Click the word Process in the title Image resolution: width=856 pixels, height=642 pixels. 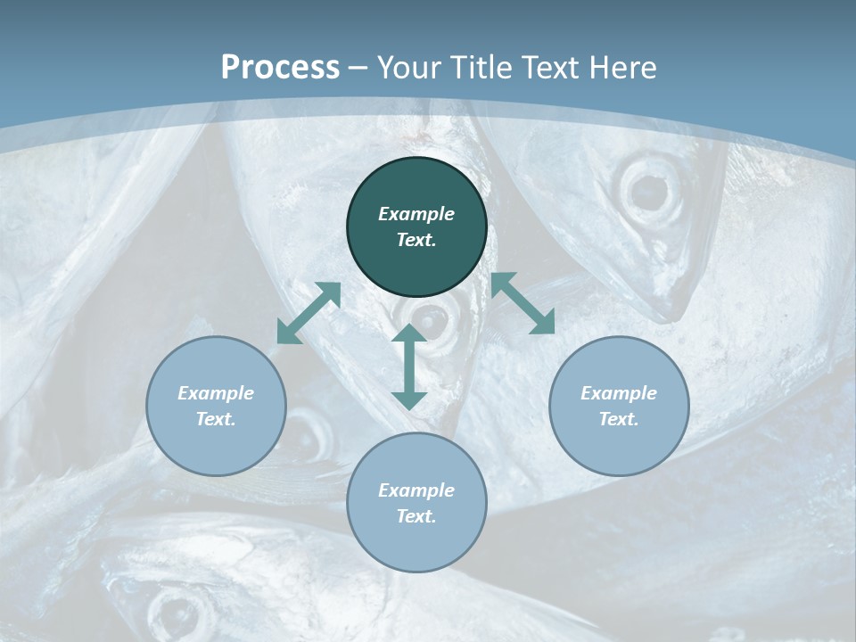[280, 67]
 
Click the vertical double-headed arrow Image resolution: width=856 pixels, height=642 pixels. [409, 366]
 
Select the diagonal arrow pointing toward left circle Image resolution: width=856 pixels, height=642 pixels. [309, 313]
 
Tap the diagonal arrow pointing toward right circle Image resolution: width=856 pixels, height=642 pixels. [523, 303]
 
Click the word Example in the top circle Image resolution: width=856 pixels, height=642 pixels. [416, 214]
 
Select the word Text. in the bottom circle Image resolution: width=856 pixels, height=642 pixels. [416, 516]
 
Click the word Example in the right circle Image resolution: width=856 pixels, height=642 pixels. [619, 393]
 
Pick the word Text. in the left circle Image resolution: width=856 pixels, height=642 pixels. [216, 419]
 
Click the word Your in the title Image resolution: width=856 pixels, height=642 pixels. [406, 67]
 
